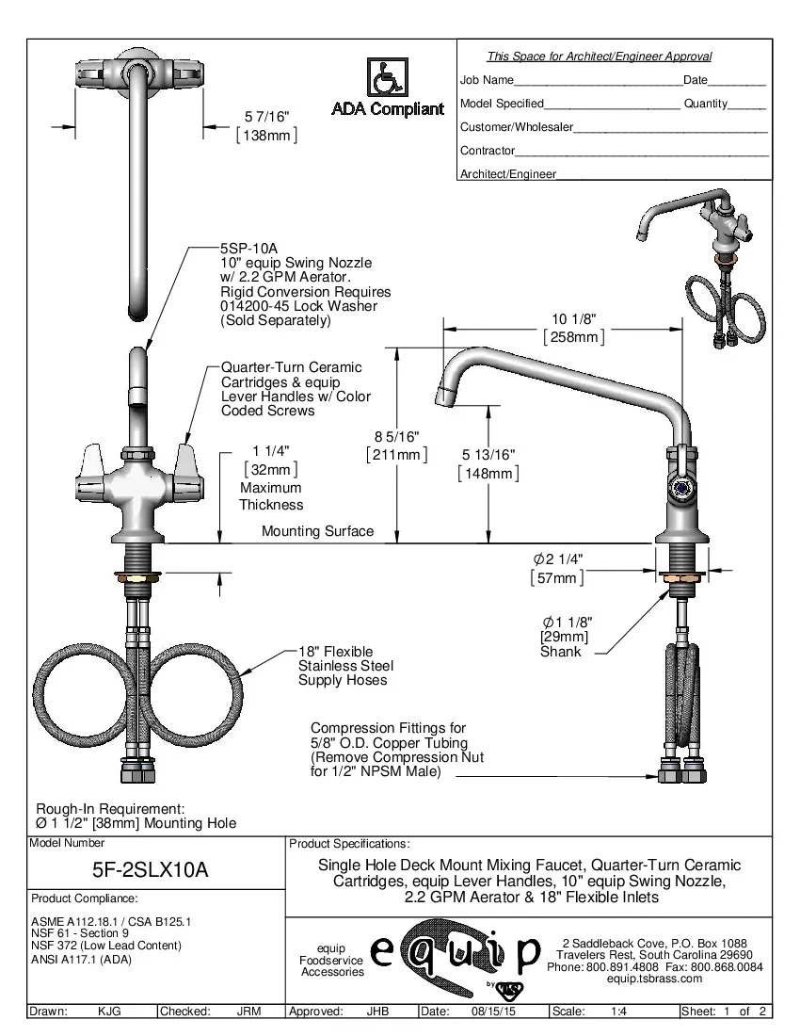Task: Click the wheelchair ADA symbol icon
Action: click(386, 77)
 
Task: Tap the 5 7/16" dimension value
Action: click(266, 117)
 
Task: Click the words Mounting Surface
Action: click(317, 531)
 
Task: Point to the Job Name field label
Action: click(487, 80)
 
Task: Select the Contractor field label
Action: click(487, 151)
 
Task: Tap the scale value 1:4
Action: click(620, 1012)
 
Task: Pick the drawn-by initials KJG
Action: click(109, 1012)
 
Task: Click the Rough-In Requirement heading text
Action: click(109, 809)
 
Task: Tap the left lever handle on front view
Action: click(94, 463)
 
